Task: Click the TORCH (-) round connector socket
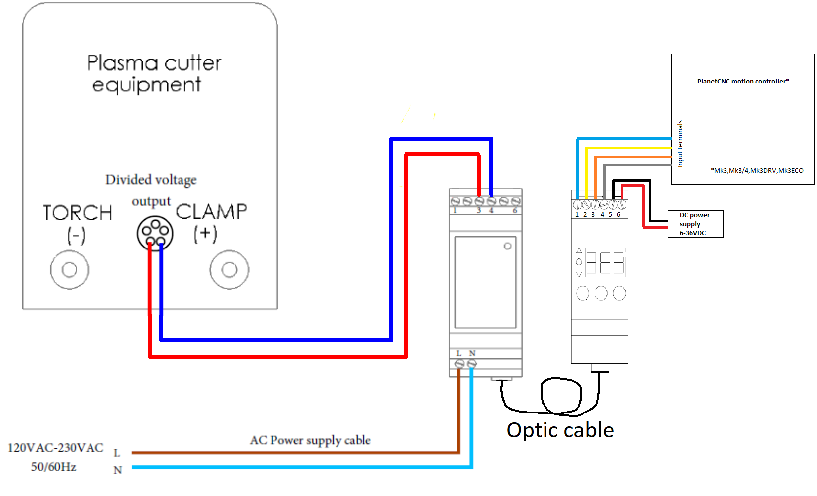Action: (x=69, y=270)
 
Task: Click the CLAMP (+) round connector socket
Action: (x=229, y=270)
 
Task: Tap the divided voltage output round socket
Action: (x=155, y=233)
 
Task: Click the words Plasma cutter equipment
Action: (x=154, y=74)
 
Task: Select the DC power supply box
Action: (x=695, y=224)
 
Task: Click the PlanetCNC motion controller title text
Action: (x=742, y=81)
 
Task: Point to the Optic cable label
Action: (x=560, y=430)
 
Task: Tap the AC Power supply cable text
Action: (x=310, y=440)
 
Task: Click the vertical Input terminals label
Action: (x=680, y=144)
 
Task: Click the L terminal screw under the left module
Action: (x=459, y=364)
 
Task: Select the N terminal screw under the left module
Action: (x=472, y=364)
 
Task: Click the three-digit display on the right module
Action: (x=605, y=262)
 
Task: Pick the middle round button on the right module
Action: (x=601, y=293)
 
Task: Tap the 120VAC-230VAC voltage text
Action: (x=56, y=448)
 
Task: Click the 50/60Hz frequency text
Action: (x=54, y=467)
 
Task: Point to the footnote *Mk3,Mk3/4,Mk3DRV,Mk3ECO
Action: (x=757, y=170)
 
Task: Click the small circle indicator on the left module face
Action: (x=507, y=246)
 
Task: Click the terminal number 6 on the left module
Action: (x=515, y=211)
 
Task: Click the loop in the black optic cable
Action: (x=561, y=396)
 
